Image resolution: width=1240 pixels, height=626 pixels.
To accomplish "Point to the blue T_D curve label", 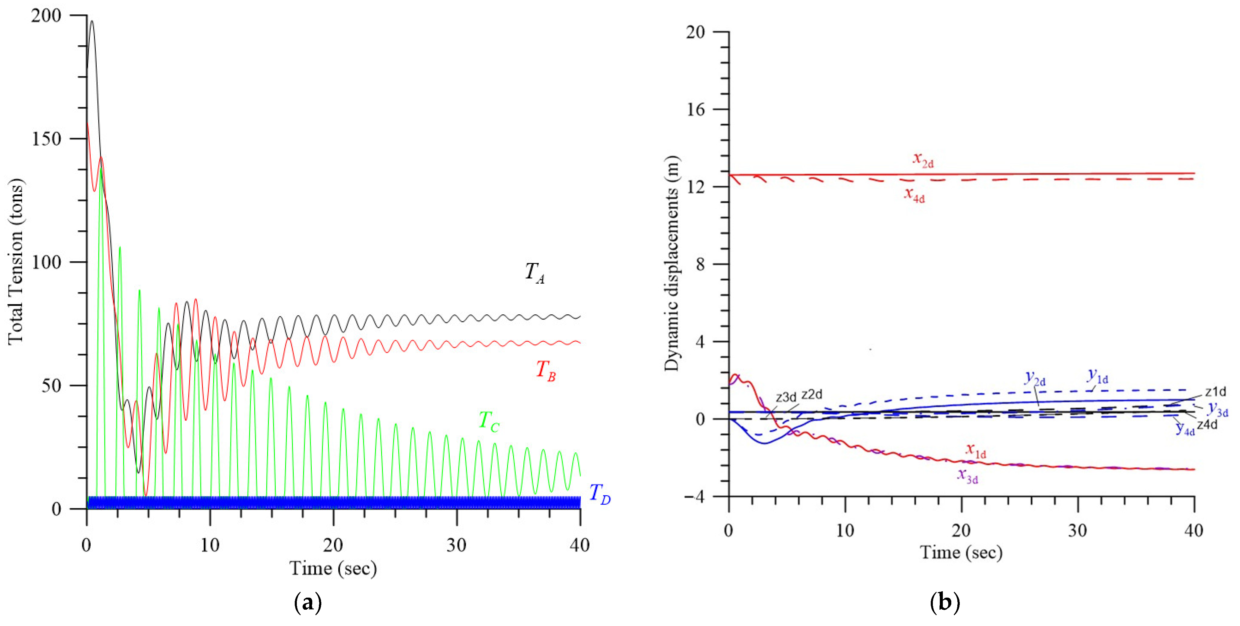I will pyautogui.click(x=600, y=494).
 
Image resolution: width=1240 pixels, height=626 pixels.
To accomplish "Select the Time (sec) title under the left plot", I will pyautogui.click(x=333, y=568).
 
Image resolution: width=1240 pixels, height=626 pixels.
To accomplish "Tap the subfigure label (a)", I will pyautogui.click(x=308, y=602).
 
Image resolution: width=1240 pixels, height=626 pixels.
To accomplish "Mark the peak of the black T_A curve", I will pyautogui.click(x=92, y=21).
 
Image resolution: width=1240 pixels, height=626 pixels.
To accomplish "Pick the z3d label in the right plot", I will pyautogui.click(x=786, y=397).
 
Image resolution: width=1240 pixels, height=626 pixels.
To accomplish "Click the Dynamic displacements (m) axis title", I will pyautogui.click(x=672, y=263).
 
